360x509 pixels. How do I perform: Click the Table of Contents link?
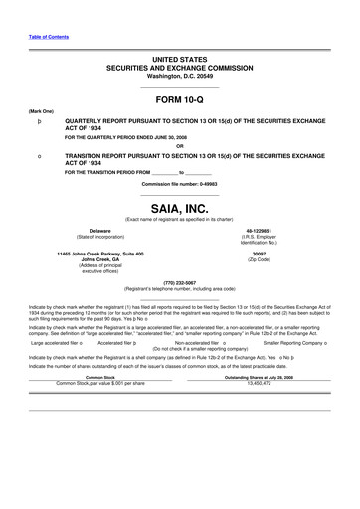(48, 36)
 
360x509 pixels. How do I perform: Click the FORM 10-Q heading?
(179, 101)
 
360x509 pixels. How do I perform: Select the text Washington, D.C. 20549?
(179, 76)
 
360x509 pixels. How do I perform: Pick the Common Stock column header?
(100, 376)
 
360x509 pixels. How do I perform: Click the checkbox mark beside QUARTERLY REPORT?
(38, 121)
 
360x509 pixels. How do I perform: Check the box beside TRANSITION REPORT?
(38, 157)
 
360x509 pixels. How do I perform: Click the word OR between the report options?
(179, 146)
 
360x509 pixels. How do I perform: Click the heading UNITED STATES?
(179, 61)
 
